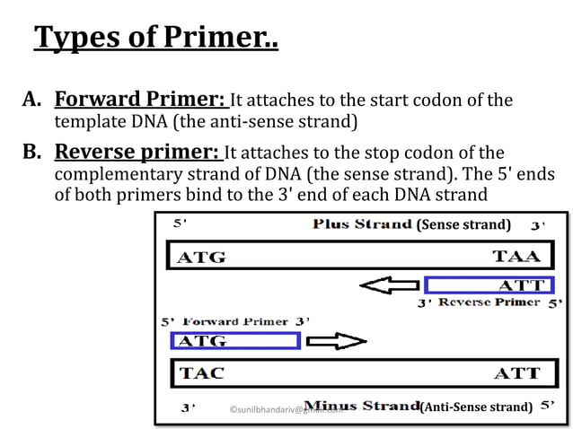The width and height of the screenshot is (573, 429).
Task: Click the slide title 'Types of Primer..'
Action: [156, 38]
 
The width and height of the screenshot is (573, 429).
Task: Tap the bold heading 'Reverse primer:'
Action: [137, 152]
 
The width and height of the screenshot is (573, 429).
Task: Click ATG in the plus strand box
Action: [202, 258]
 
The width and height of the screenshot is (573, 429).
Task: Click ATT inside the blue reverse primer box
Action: [522, 286]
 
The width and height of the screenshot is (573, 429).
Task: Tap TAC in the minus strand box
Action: [202, 372]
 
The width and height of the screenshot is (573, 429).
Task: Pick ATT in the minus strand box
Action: [517, 372]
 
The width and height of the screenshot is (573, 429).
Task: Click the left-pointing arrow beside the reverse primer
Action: [388, 286]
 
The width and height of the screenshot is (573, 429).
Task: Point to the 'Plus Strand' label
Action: [362, 224]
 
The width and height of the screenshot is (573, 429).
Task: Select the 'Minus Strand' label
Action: [362, 407]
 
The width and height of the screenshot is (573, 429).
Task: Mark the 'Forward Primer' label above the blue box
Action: [235, 321]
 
